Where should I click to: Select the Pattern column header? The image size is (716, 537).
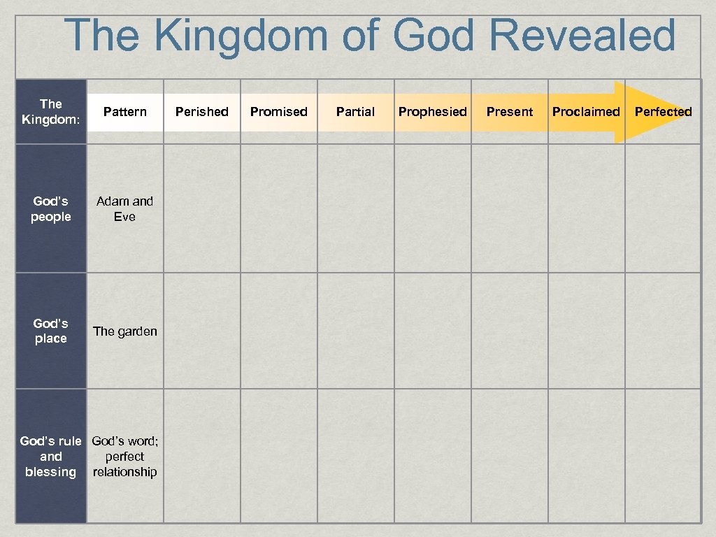(125, 112)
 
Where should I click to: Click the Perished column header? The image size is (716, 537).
(202, 112)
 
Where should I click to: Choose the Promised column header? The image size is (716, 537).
(279, 112)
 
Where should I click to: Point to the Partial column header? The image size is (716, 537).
(355, 112)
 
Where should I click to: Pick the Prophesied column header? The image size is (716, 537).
(433, 112)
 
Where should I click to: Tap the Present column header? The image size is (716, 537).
(510, 112)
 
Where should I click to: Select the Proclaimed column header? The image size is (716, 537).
(586, 112)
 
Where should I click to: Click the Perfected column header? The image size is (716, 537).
(663, 112)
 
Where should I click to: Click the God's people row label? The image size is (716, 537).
(51, 208)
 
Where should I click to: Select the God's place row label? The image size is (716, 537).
(51, 331)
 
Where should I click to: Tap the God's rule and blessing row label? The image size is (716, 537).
(51, 456)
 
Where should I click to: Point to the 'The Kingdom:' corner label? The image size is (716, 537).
(51, 112)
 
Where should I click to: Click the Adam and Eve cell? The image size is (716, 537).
(125, 208)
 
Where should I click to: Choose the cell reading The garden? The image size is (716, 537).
(125, 331)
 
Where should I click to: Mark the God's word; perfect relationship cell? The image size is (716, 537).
(125, 456)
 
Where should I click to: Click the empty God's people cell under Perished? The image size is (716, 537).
(202, 208)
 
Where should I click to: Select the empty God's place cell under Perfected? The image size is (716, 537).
(663, 331)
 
